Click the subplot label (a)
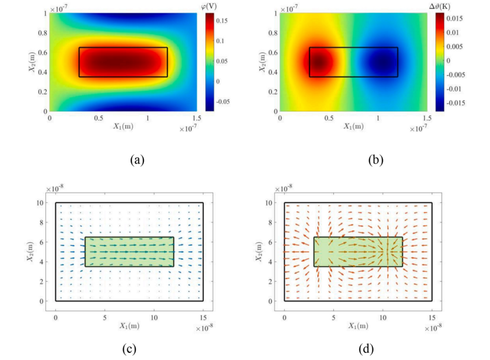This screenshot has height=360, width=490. point(137,160)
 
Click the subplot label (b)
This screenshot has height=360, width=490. point(375,160)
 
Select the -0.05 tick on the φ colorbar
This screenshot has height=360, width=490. point(227,102)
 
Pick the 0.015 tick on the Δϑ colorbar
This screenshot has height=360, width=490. point(451,18)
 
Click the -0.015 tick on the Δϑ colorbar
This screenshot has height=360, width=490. point(453,102)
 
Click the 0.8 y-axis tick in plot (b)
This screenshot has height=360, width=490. point(271,33)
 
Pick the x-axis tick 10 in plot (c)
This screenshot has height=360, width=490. point(154,310)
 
